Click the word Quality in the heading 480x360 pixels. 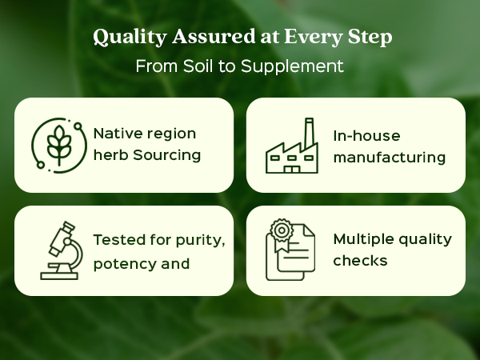tap(130, 37)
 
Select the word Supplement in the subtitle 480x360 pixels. tap(292, 66)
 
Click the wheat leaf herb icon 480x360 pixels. tap(59, 146)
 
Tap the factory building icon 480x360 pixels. tap(292, 146)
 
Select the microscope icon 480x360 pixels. tap(62, 250)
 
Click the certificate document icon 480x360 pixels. tap(290, 250)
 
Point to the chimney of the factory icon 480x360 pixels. tap(309, 132)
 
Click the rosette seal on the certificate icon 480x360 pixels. tap(282, 230)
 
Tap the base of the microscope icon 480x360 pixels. tap(59, 276)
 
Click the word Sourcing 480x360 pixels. tap(167, 155)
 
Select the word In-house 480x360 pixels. tap(366, 136)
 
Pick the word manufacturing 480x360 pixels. tap(390, 158)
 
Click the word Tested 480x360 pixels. tap(119, 240)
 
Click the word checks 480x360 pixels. tap(360, 261)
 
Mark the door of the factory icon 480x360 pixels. tap(292, 170)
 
